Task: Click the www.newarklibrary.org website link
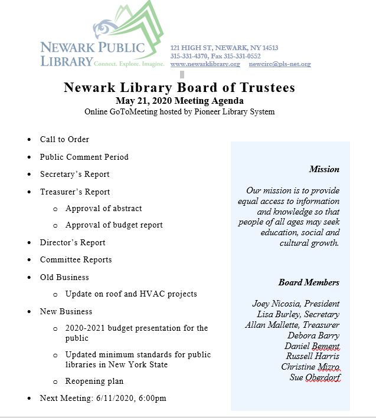click(x=205, y=64)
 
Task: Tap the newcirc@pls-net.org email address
click(x=279, y=64)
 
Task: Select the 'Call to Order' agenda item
click(x=64, y=140)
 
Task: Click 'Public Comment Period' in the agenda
click(x=84, y=157)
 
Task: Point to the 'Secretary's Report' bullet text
click(x=74, y=175)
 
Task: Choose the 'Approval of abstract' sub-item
click(x=103, y=209)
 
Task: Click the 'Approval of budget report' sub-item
click(x=114, y=225)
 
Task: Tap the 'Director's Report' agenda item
click(x=73, y=242)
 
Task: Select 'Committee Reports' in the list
click(x=76, y=260)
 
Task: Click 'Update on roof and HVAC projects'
click(x=131, y=294)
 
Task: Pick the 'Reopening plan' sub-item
click(x=94, y=382)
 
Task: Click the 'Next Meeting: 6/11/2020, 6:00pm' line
click(x=103, y=399)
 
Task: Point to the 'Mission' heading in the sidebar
click(x=324, y=170)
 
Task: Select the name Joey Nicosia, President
click(x=296, y=304)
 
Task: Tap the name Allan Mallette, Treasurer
click(x=292, y=325)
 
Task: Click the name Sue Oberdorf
click(x=315, y=378)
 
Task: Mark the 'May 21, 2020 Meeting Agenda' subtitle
click(x=179, y=101)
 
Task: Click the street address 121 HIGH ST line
click(x=224, y=48)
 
